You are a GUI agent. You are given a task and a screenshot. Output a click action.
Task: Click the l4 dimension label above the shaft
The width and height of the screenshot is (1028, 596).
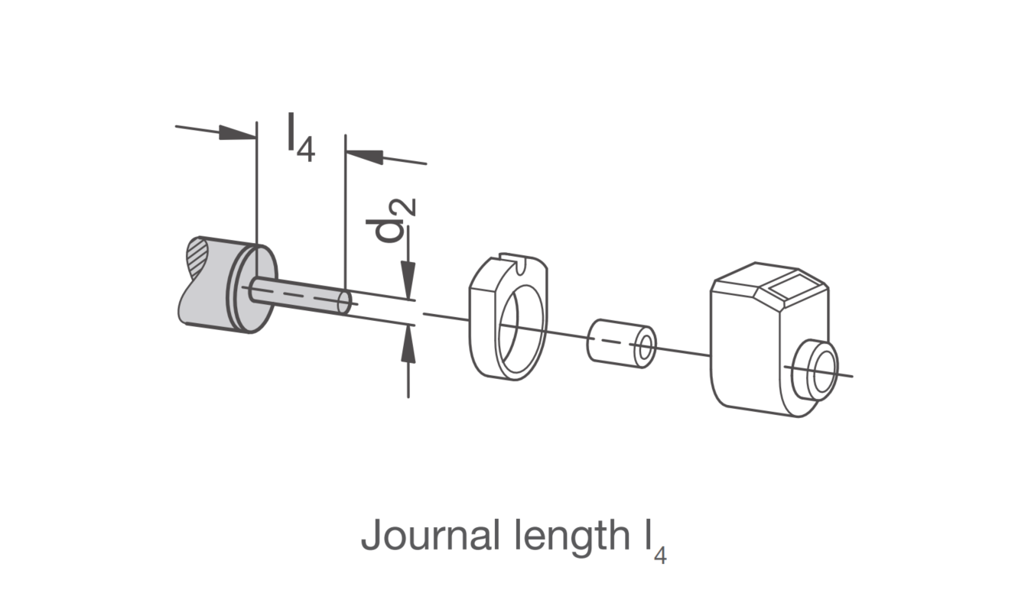point(301,138)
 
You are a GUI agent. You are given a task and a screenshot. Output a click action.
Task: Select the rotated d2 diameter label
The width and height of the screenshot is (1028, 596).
point(391,220)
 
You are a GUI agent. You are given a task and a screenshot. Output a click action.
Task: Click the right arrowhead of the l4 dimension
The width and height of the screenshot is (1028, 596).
point(364,157)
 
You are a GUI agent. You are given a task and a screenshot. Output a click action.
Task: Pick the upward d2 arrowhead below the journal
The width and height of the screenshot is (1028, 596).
point(408,344)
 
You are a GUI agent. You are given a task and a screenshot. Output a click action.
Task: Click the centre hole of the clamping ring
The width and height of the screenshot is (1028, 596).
point(522,332)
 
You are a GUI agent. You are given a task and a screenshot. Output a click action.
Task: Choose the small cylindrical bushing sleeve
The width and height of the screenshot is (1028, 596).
point(621,343)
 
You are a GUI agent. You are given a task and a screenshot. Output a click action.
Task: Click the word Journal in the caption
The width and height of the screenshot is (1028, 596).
point(430,535)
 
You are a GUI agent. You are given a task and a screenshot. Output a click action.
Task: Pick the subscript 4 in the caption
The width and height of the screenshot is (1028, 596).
point(660,556)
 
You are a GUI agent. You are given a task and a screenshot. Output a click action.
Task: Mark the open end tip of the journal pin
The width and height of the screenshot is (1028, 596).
point(344,302)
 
